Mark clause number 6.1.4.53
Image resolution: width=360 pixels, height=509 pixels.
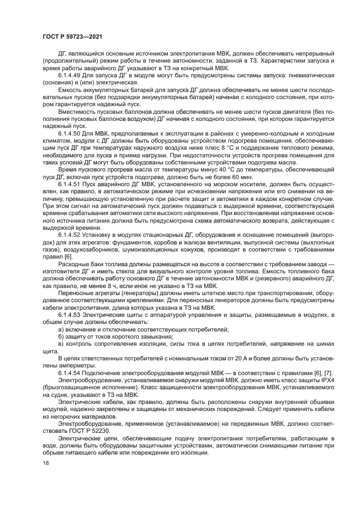click(69, 315)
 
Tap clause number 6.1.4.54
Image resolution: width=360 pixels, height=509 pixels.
click(69, 372)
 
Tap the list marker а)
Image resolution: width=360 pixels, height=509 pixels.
click(61, 329)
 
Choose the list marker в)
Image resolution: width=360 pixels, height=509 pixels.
click(61, 345)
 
